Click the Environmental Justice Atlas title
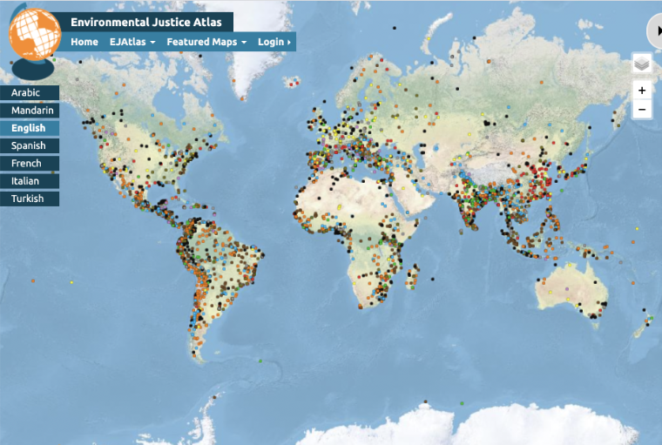click(146, 22)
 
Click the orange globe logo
click(33, 35)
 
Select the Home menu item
click(84, 42)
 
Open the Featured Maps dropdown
click(206, 42)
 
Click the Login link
click(274, 42)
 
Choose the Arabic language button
click(30, 93)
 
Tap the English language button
click(30, 128)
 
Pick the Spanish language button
click(30, 145)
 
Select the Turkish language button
click(30, 199)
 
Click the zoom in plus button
click(642, 91)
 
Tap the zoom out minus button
click(642, 110)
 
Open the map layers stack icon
click(642, 64)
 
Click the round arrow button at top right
click(655, 31)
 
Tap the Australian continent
click(571, 287)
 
